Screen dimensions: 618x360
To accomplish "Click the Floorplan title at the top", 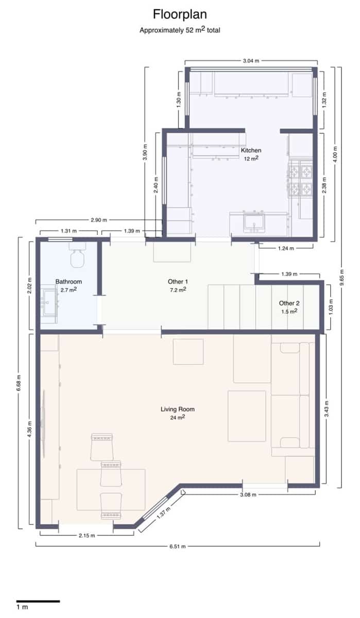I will (180, 14).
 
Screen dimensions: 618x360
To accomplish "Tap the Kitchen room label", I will (251, 150).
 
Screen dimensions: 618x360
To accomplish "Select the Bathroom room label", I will (68, 282).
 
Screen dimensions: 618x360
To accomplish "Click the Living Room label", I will (177, 409).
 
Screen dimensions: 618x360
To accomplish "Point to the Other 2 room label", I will (288, 303).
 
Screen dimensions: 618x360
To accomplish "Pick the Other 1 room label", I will (178, 282).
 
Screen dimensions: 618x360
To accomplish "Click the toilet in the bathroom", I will (77, 256).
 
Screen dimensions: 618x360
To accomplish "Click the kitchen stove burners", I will (300, 179).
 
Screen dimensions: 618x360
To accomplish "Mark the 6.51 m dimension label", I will (177, 546).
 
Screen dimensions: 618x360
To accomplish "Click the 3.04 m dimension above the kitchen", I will (251, 61).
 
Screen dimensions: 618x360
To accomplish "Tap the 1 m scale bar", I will (38, 601).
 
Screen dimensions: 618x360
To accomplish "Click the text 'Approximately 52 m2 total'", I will (180, 30).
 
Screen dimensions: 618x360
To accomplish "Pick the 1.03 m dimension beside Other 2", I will (330, 307).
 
